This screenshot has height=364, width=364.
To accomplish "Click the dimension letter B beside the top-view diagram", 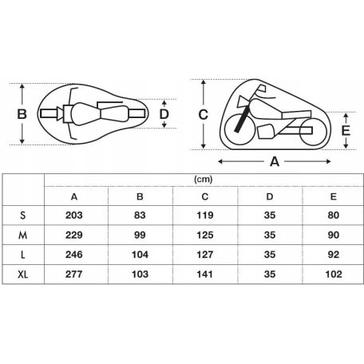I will point(22,114).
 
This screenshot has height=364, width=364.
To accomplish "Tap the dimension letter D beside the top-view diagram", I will point(164,114).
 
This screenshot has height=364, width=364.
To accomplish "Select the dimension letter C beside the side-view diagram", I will point(203,114).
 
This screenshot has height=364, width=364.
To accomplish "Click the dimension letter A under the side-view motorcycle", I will point(274,161).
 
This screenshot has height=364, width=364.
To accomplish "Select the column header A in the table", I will point(74,197).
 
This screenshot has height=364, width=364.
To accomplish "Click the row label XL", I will point(22,273).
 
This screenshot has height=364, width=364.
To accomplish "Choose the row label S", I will point(22,216).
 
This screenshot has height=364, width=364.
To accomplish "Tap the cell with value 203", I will point(74,216).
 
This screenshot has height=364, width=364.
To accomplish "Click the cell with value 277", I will point(74,273).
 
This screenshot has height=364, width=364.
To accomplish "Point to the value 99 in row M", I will point(139,235).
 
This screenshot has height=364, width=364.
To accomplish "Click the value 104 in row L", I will point(139,254).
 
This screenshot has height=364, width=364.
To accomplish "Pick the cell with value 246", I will point(74,254).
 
